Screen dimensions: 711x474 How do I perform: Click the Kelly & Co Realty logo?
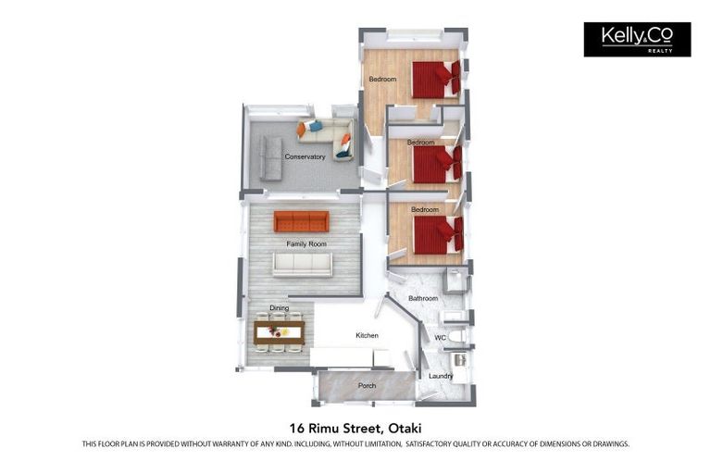click(637, 40)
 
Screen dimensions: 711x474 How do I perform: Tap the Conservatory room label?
click(305, 156)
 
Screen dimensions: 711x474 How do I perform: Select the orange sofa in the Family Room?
click(301, 221)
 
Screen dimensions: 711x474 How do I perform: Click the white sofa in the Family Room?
click(303, 264)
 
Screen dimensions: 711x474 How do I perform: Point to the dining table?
click(279, 332)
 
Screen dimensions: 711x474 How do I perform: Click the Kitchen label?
click(367, 335)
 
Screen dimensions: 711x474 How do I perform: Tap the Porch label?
click(367, 385)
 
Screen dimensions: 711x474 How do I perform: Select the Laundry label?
click(441, 376)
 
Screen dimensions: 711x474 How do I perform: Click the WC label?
click(440, 338)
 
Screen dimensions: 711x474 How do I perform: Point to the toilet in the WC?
click(456, 336)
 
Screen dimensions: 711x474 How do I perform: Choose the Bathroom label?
click(423, 298)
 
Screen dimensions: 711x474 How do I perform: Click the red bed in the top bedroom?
click(436, 80)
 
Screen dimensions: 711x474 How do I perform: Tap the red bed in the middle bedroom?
click(437, 165)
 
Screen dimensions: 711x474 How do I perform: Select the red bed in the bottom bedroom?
click(439, 235)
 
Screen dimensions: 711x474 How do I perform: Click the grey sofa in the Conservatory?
click(270, 157)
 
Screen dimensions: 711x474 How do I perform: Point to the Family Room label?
click(306, 244)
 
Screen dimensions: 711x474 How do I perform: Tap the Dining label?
click(279, 308)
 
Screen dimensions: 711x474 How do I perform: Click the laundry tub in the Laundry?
click(460, 360)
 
